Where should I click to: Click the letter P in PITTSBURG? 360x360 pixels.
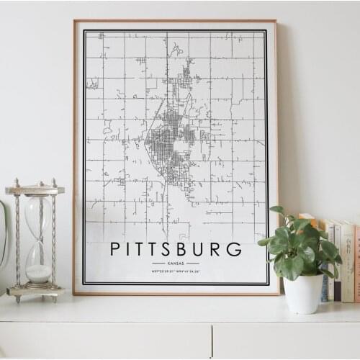point(116,250)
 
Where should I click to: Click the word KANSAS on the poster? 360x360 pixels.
point(175,264)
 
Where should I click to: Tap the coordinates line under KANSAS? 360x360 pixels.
point(175,271)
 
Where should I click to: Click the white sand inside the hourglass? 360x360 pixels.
point(39,273)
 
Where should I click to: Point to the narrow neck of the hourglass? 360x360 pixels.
point(38,238)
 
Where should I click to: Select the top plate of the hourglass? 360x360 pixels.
point(35,190)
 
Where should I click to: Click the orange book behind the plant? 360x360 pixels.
point(307,220)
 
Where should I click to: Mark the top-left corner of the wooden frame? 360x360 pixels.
point(74,21)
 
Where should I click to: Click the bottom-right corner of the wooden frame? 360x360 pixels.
point(278,294)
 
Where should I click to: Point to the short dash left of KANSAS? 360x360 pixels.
point(158,264)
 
